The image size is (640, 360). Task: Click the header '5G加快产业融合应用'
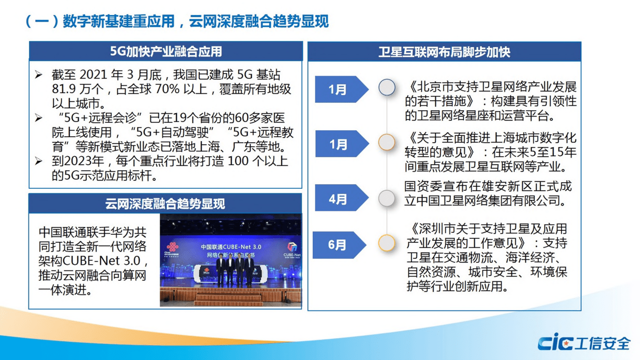point(166,52)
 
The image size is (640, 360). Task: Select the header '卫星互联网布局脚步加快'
point(444,52)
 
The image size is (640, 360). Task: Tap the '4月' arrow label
point(339,198)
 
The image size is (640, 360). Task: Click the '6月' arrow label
point(337,245)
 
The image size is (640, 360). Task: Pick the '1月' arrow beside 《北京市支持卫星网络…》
point(338,90)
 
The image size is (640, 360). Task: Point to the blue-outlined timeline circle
point(386,87)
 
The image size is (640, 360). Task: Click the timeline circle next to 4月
point(386,198)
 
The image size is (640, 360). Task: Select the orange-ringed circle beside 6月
point(386,243)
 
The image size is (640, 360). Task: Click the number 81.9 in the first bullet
point(63,90)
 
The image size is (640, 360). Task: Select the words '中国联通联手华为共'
point(93,232)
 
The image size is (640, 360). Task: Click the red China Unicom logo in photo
point(172,249)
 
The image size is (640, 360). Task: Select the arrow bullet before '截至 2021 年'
point(39,75)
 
